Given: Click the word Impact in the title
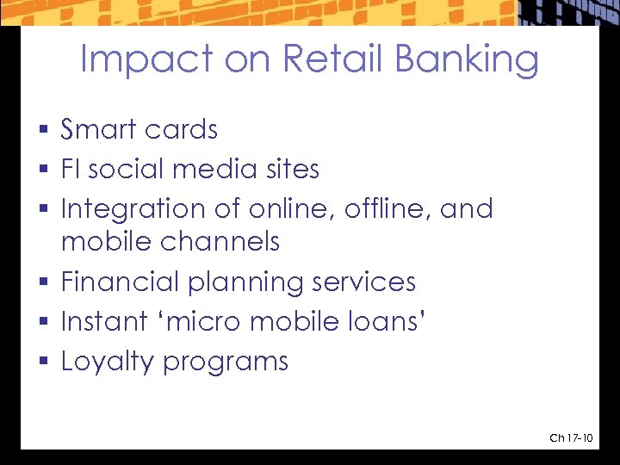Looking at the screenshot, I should [145, 60].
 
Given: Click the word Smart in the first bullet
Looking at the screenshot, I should [96, 130].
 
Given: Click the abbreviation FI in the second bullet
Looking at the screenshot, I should [71, 170].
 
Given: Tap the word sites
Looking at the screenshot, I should [288, 170].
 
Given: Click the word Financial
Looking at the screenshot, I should [121, 282].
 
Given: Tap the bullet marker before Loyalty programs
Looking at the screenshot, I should [44, 363].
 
